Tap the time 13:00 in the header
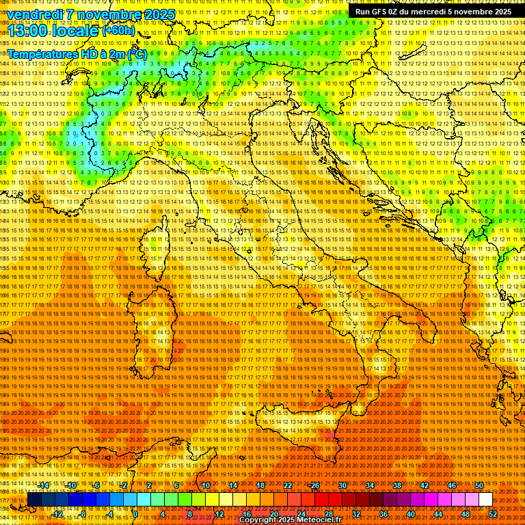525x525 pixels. click(x=27, y=30)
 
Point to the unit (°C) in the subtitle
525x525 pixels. click(x=136, y=53)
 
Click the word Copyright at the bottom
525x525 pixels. click(x=260, y=520)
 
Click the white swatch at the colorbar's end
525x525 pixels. click(x=485, y=500)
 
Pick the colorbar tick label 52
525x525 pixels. click(x=494, y=514)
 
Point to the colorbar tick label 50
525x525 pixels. click(x=479, y=485)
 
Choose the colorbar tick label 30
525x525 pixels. click(x=342, y=485)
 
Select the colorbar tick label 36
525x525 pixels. click(x=383, y=514)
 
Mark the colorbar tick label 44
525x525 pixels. click(x=438, y=514)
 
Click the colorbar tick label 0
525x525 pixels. click(x=136, y=514)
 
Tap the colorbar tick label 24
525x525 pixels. click(x=301, y=514)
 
